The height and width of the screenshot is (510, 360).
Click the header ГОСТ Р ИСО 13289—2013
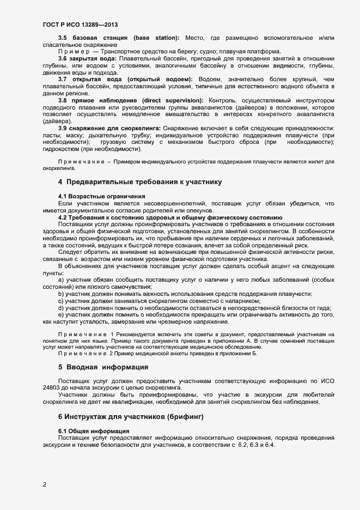pos(80,25)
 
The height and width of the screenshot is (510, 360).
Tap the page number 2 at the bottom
pos(45,484)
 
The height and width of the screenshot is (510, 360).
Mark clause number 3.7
pos(63,80)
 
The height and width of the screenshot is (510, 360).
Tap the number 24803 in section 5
pos(53,387)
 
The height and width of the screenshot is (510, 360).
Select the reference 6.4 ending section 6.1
pos(270,445)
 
